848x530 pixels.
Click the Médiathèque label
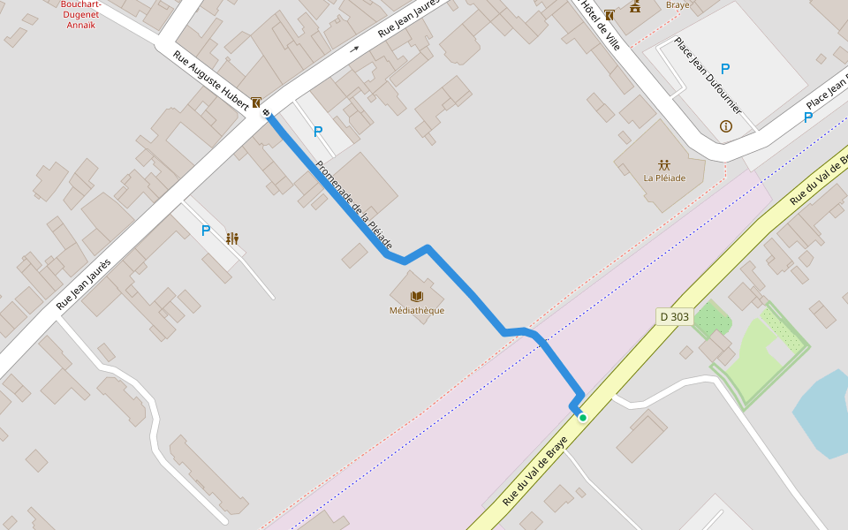417,311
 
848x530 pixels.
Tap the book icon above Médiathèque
417,297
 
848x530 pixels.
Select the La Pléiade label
664,178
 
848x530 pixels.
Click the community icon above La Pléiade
664,164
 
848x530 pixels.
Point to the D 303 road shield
674,316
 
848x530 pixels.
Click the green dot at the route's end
583,417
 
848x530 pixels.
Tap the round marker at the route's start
266,112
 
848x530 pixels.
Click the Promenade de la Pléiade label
353,205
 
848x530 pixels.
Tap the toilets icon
232,238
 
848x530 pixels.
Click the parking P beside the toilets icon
206,231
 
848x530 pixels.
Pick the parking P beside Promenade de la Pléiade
318,132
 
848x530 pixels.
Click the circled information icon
726,126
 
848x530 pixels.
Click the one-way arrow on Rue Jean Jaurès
355,49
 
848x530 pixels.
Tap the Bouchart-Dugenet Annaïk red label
79,14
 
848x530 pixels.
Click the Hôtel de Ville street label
601,24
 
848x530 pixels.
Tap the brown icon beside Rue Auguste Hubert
255,102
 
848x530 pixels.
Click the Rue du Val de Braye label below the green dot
535,472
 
